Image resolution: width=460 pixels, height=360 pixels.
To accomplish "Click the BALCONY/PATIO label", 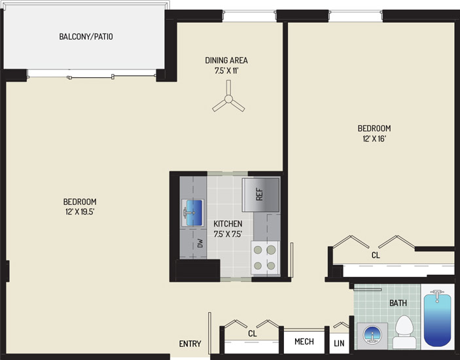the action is (x=86, y=37).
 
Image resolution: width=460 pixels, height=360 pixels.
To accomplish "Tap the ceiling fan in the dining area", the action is (x=228, y=99).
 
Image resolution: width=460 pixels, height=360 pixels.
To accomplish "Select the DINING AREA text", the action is (x=226, y=60).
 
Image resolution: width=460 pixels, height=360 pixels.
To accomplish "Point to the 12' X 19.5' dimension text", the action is (x=80, y=212).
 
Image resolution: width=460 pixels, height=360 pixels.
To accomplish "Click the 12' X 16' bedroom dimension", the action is (x=374, y=139).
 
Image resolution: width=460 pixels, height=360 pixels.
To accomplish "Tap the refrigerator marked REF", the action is (x=260, y=195).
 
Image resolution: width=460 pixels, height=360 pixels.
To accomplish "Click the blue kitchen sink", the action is (x=192, y=213).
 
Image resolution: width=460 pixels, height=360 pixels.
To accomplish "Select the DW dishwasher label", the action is (x=200, y=243).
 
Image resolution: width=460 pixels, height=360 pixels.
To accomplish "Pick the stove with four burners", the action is (x=265, y=258).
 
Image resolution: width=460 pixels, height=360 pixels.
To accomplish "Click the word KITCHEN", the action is (x=228, y=224).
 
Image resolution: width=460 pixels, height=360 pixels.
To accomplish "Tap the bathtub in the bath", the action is (x=437, y=317).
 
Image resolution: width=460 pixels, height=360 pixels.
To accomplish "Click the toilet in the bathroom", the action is (x=404, y=332).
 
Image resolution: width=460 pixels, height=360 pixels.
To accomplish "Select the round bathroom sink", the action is (x=372, y=334).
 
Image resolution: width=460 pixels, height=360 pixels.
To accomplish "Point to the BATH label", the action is (x=398, y=303).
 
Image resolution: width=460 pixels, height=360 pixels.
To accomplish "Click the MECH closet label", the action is (x=304, y=342).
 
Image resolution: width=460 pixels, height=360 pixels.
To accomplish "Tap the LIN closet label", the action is (x=339, y=343).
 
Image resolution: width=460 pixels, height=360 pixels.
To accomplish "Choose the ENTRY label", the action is (x=190, y=344).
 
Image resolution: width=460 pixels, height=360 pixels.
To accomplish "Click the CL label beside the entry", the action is (x=253, y=334).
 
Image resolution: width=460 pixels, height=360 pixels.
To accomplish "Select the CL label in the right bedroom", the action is (x=376, y=255).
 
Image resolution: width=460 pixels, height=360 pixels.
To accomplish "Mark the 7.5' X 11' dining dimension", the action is (x=226, y=71).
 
